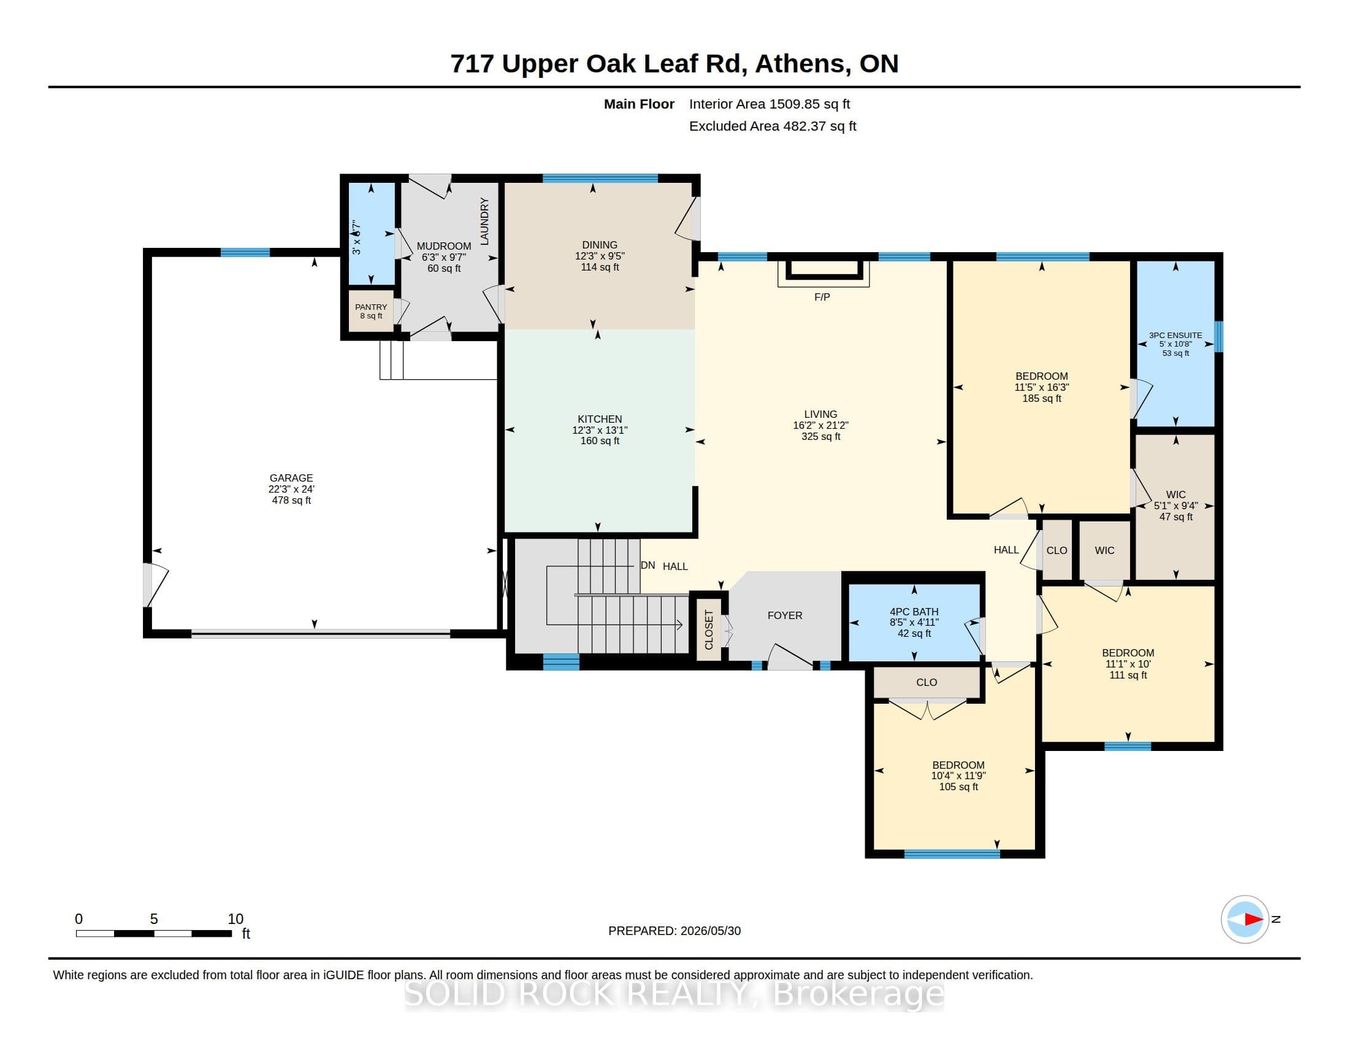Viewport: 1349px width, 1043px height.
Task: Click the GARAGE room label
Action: coord(291,477)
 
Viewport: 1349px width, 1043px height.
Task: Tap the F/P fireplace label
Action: coord(822,297)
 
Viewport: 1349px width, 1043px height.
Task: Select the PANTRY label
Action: coord(370,307)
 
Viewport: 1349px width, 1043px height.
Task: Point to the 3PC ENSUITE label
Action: coord(1175,336)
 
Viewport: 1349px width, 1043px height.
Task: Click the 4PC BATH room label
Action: coord(914,612)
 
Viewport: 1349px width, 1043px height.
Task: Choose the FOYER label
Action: coord(784,615)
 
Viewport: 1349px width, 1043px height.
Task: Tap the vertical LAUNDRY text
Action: coord(484,221)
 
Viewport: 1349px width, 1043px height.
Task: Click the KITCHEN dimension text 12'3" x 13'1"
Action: coord(600,430)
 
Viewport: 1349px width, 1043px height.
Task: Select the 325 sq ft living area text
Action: coord(821,436)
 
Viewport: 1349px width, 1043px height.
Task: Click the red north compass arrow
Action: coord(1253,920)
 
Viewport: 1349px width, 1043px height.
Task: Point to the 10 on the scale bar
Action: coord(235,919)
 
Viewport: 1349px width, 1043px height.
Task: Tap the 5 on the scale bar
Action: coord(154,919)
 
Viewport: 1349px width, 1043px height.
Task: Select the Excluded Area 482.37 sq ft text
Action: coord(773,126)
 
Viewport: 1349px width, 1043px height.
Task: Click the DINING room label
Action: coord(599,245)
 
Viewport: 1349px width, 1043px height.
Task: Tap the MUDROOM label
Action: coord(443,246)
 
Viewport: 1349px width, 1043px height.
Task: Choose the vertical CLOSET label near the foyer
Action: coord(709,629)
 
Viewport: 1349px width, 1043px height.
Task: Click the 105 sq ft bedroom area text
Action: coord(958,787)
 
